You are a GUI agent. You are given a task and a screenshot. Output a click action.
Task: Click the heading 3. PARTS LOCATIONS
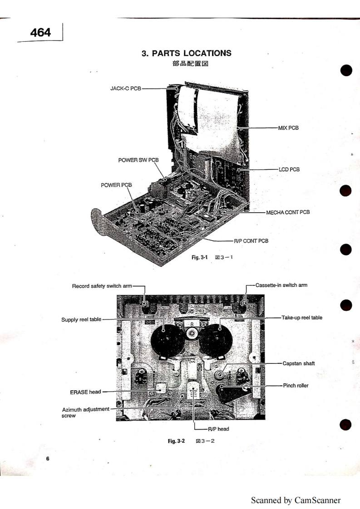pyautogui.click(x=187, y=53)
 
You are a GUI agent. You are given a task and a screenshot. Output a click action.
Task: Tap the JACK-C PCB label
pyautogui.click(x=125, y=88)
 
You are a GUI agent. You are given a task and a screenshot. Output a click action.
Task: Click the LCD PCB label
pyautogui.click(x=288, y=169)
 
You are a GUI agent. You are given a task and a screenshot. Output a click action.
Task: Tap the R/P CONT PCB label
pyautogui.click(x=251, y=241)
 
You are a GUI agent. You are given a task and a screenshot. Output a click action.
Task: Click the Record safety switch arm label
pyautogui.click(x=102, y=286)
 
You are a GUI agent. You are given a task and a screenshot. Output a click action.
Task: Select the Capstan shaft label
pyautogui.click(x=298, y=363)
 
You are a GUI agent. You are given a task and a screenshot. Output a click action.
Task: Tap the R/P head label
pyautogui.click(x=219, y=429)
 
